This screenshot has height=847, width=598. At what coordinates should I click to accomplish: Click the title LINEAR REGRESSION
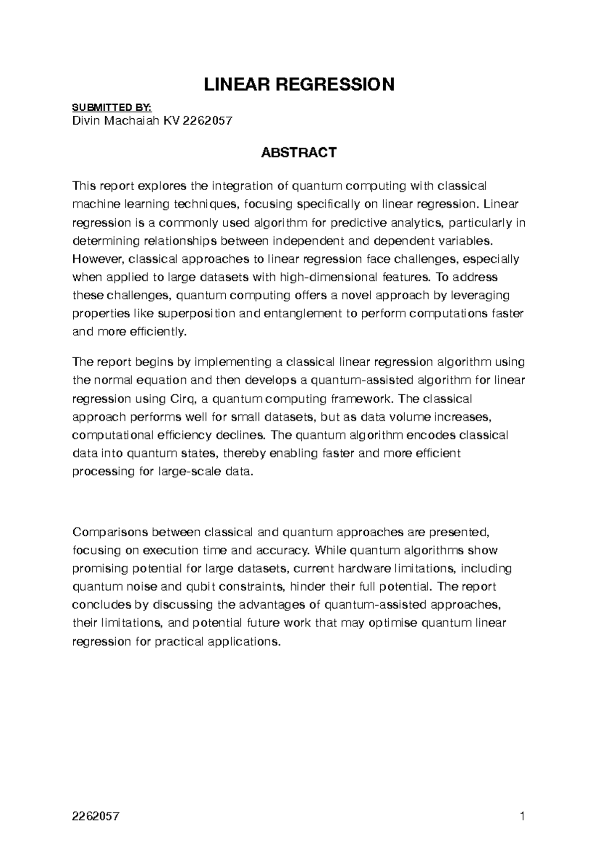(x=299, y=85)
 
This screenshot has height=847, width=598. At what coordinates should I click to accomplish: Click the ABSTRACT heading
(x=299, y=153)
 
